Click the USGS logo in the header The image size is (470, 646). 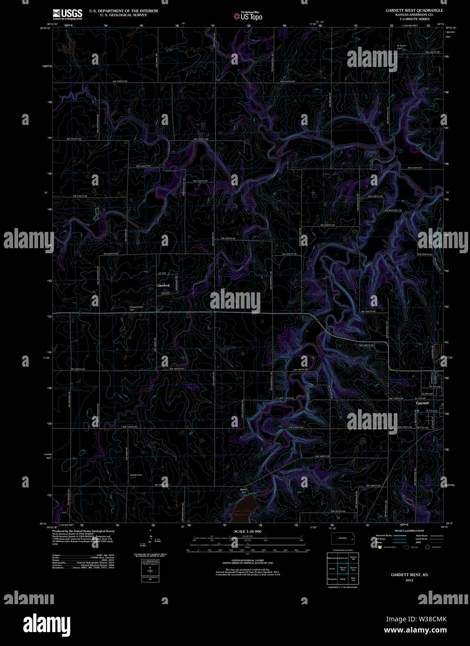[x=67, y=13]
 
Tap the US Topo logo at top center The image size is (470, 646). [x=248, y=16]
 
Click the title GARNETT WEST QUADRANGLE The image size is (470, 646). [x=414, y=10]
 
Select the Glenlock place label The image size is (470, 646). [x=164, y=285]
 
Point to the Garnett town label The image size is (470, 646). [x=423, y=403]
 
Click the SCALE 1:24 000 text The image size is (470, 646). [x=248, y=531]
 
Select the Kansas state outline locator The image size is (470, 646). [x=343, y=538]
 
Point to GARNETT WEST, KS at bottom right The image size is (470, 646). [x=409, y=575]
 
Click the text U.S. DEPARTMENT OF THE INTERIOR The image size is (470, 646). [x=123, y=11]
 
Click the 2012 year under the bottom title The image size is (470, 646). [x=409, y=580]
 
